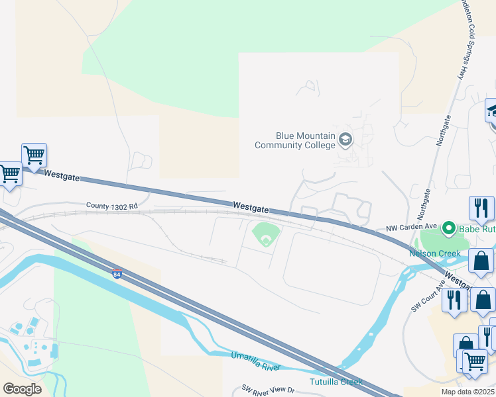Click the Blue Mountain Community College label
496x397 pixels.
point(295,140)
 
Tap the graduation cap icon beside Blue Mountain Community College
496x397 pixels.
point(345,140)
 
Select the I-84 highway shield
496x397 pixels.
point(117,274)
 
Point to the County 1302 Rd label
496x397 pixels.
point(111,206)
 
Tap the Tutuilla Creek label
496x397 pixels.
point(336,382)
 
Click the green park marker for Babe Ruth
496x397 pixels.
point(448,230)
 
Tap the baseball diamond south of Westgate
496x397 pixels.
point(265,236)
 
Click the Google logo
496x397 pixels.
point(22,389)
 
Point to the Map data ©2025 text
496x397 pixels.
point(471,392)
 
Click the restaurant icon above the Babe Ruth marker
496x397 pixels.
point(481,208)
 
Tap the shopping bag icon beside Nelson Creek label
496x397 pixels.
point(480,261)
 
